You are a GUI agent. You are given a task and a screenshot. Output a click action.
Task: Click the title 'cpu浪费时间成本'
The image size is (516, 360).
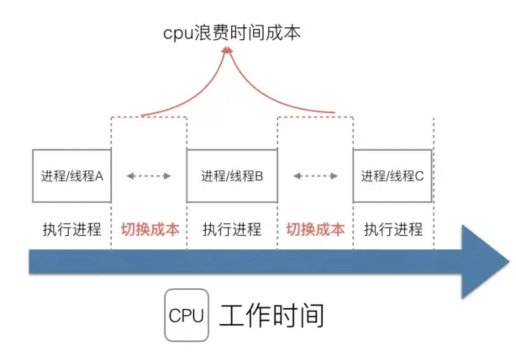[x=232, y=33]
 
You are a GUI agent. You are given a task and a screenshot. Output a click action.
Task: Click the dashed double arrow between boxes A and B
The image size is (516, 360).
[x=149, y=176]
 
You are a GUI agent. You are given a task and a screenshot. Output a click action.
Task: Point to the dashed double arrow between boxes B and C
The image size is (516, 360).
[x=316, y=176]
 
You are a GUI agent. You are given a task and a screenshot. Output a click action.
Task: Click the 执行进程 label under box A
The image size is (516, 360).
[x=72, y=230]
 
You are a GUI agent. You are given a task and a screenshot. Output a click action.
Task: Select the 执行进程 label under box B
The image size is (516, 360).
[x=232, y=230]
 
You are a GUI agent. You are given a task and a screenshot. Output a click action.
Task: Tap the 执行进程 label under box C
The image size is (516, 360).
[x=393, y=230]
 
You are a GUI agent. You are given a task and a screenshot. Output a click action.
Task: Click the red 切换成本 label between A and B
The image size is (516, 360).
[x=150, y=230]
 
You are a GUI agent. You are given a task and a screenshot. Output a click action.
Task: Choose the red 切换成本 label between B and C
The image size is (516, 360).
[x=316, y=230]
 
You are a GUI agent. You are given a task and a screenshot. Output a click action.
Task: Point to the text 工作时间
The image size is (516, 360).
[x=272, y=315]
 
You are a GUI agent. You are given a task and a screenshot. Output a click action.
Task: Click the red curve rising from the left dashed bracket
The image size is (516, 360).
[x=200, y=92]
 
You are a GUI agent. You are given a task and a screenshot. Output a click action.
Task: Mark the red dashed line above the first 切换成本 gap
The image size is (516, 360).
[x=149, y=117]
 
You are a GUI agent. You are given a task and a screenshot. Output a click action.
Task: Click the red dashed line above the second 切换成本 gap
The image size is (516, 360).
[x=316, y=117]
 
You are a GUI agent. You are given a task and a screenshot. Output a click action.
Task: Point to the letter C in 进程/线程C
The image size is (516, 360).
[x=419, y=176]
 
